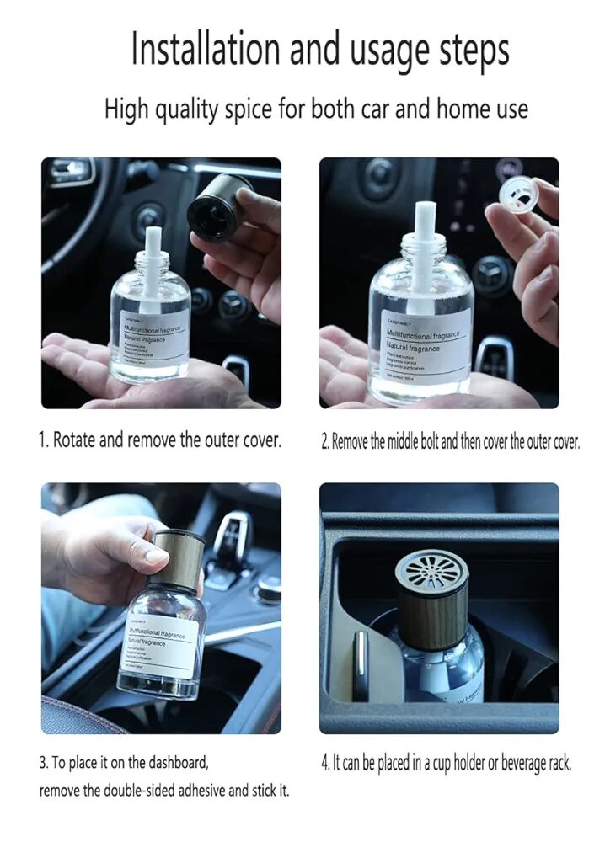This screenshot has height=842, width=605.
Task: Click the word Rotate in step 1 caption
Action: [75, 441]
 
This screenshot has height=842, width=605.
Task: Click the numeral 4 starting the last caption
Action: [324, 764]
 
